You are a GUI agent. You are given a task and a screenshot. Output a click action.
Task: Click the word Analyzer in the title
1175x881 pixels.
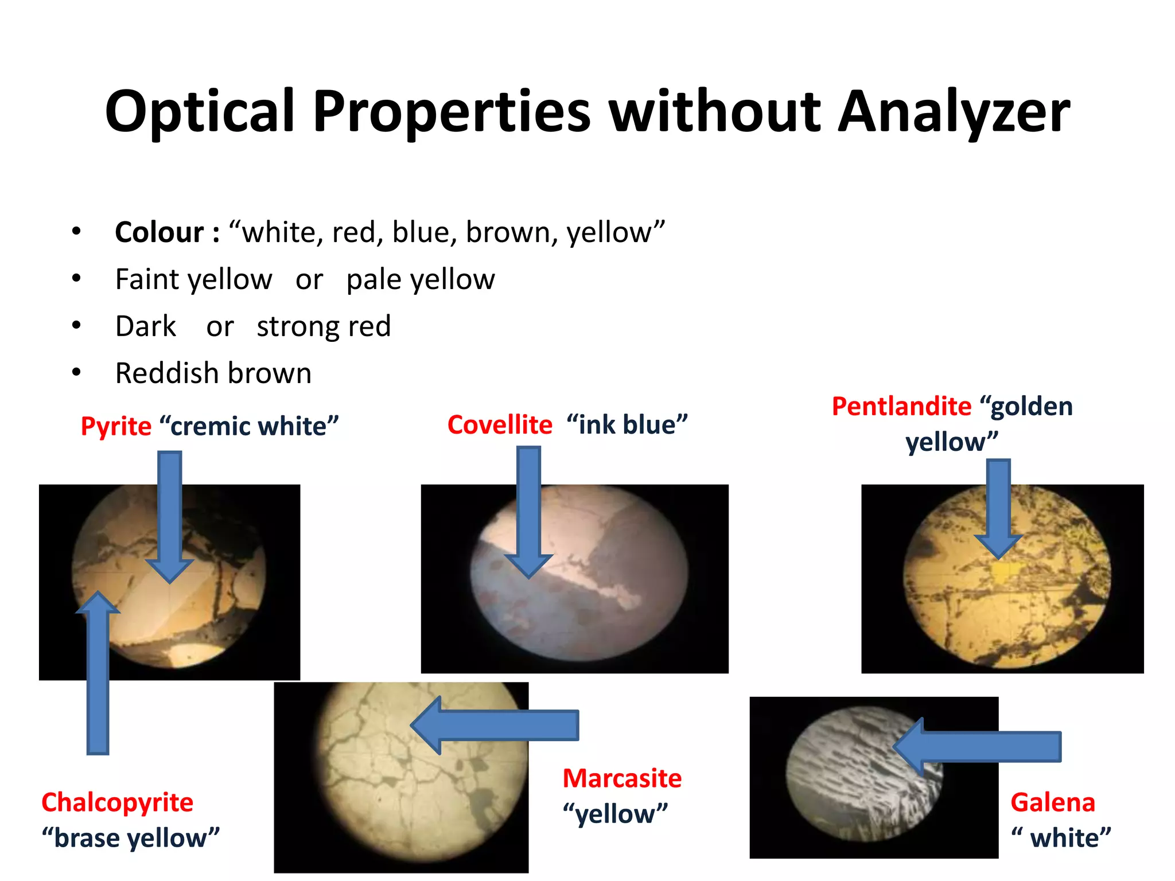(954, 112)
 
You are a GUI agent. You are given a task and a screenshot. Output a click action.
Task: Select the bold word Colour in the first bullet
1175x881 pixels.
(159, 232)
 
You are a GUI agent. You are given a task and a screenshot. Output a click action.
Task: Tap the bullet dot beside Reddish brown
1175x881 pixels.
(76, 373)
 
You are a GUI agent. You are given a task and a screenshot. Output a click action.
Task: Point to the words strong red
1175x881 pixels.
(324, 326)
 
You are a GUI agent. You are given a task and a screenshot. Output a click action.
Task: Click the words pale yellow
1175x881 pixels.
(421, 279)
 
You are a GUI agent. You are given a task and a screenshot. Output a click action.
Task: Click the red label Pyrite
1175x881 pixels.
(116, 426)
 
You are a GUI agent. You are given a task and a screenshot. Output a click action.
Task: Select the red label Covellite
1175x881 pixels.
(500, 425)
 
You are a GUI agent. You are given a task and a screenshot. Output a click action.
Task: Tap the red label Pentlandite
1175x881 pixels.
(901, 406)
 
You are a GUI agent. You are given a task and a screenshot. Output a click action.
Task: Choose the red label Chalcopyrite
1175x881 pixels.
(118, 802)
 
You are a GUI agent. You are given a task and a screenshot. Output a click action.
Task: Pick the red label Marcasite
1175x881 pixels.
(622, 778)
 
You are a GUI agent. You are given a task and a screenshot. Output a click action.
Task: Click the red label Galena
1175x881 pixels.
(1053, 802)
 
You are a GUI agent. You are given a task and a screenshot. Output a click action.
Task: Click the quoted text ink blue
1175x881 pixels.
(627, 425)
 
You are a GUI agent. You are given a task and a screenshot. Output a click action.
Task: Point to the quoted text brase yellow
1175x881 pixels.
(131, 838)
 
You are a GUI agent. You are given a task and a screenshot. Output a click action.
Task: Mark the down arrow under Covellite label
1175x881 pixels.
(528, 510)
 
